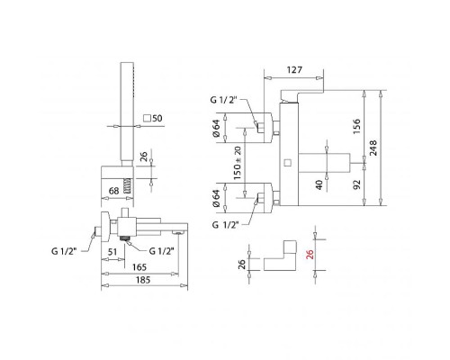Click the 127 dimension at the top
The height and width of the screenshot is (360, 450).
click(x=294, y=70)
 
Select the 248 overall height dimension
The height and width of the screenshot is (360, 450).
click(x=373, y=148)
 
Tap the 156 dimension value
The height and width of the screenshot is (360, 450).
click(x=356, y=126)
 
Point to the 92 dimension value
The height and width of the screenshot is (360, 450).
click(x=356, y=184)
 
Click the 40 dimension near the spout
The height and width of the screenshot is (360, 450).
click(x=319, y=184)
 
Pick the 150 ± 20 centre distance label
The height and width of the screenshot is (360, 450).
click(x=237, y=163)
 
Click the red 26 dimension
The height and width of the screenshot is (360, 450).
click(x=310, y=255)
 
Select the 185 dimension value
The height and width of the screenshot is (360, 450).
click(x=143, y=280)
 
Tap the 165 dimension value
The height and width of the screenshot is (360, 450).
click(x=139, y=266)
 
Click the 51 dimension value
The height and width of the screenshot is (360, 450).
click(x=112, y=252)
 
